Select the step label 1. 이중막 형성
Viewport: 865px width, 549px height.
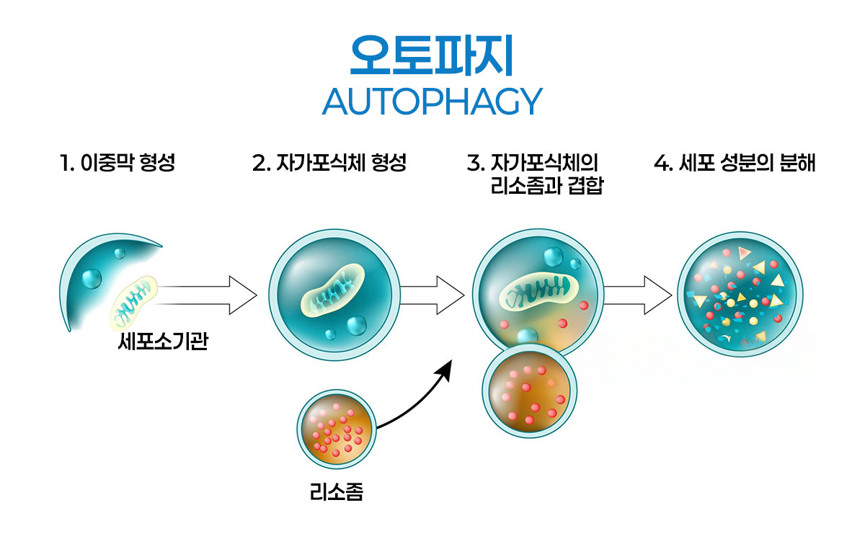[117, 164]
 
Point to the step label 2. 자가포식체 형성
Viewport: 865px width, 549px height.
[329, 164]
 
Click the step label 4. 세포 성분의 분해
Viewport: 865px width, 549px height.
[735, 164]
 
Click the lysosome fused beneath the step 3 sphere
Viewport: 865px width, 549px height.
[530, 391]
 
